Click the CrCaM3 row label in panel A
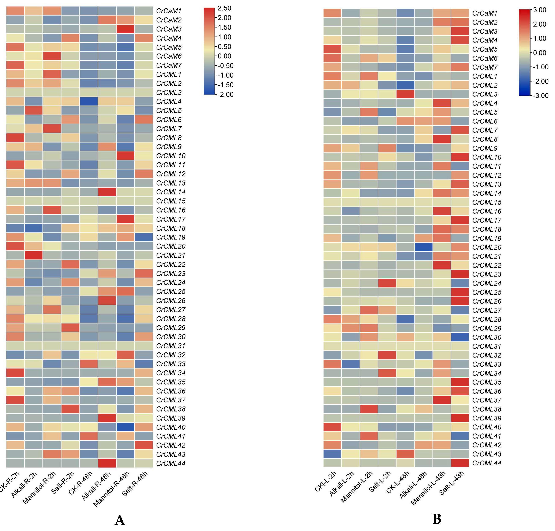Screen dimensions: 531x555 [169, 29]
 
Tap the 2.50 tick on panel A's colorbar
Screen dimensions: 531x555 [224, 8]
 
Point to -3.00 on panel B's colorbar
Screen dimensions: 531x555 [541, 96]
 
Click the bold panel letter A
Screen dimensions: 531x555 [120, 520]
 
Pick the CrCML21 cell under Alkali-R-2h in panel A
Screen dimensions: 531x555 [33, 255]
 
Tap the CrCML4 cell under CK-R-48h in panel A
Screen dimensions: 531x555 [89, 102]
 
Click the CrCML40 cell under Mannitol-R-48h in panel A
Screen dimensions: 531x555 [125, 427]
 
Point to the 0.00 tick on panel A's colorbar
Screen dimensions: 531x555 [224, 56]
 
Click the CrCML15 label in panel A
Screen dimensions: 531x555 [171, 201]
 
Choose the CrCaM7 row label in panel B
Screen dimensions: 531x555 [485, 67]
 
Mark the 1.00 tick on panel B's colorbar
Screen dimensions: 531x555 [539, 39]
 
